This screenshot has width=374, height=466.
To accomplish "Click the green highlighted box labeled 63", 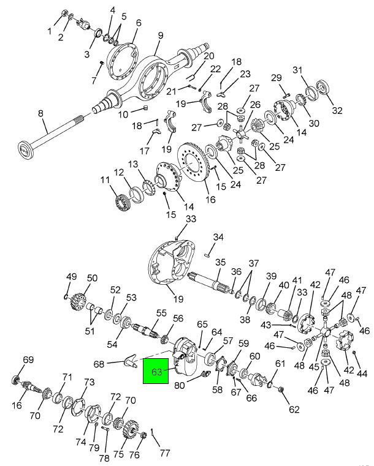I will click(x=156, y=372).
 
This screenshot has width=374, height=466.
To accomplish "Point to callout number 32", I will click(x=337, y=111).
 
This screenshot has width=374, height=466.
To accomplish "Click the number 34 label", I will click(x=218, y=237).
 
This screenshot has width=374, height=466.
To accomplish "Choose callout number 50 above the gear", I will click(x=92, y=278).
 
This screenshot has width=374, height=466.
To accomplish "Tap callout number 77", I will click(x=164, y=454).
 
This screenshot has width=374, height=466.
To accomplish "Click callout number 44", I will click(x=363, y=373).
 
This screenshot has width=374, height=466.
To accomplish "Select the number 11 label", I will click(x=105, y=181).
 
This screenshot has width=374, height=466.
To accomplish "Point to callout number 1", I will click(x=50, y=31).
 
